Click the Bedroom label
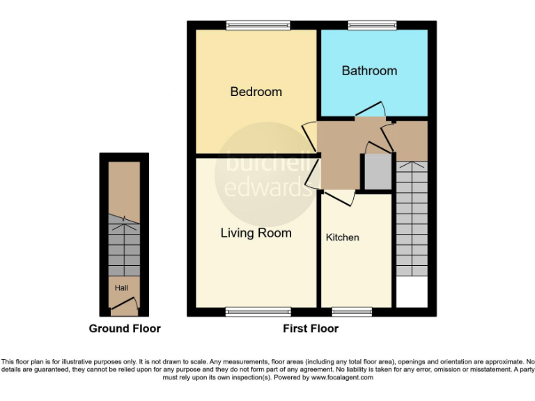(x=256, y=91)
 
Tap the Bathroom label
(x=369, y=70)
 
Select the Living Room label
(x=256, y=233)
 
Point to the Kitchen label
(x=343, y=237)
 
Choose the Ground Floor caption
(x=125, y=329)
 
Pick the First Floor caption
(x=311, y=329)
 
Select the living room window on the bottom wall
(x=258, y=312)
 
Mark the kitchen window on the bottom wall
(x=346, y=312)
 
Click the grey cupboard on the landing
(x=378, y=171)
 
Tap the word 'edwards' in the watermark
(x=267, y=186)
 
